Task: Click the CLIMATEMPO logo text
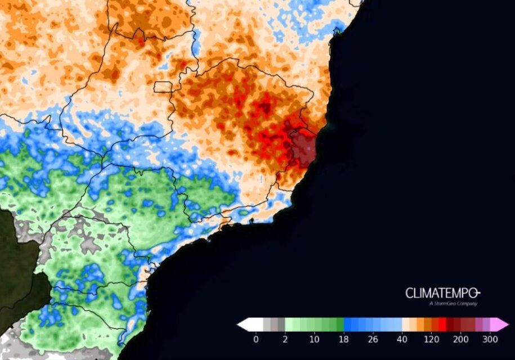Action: pos(442,293)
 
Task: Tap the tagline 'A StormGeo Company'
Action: pos(453,304)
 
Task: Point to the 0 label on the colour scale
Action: pos(256,340)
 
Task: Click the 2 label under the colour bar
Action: pos(285,340)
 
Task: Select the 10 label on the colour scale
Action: pos(314,340)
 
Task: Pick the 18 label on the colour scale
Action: pos(344,340)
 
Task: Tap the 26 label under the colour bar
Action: pos(373,340)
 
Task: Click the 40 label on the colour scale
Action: pos(402,340)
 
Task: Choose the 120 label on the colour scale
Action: pos(431,340)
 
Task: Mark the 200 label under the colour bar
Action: pos(460,340)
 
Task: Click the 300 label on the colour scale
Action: pos(490,340)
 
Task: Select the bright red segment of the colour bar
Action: pos(442,325)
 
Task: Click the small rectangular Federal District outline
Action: pos(163,87)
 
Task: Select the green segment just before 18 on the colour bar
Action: pos(340,325)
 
